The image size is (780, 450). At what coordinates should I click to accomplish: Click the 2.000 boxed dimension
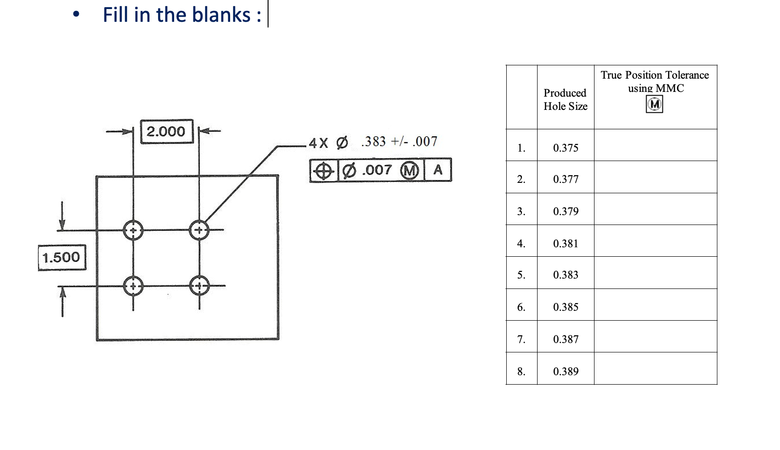tap(167, 131)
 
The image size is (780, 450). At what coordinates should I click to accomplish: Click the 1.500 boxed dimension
tap(62, 257)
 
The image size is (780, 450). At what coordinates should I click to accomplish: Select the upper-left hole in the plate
tap(133, 231)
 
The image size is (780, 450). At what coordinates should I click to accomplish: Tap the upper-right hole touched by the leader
tap(199, 230)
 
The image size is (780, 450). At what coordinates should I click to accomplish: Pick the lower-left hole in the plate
tap(133, 286)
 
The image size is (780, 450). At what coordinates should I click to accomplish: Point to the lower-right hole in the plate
tap(199, 286)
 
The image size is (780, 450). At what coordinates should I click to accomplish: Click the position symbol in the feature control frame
tap(324, 171)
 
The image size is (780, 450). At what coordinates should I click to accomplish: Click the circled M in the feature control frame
tap(409, 171)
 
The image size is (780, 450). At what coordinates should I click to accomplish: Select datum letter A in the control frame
tap(438, 170)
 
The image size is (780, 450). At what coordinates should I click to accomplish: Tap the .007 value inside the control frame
tap(377, 170)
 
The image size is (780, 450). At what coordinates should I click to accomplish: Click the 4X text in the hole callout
tap(318, 143)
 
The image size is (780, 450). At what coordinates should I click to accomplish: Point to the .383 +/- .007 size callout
tap(399, 141)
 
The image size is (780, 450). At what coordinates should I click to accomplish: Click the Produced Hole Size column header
tap(565, 99)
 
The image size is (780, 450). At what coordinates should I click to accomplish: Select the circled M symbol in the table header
tap(655, 104)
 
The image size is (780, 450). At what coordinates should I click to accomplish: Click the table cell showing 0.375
tap(566, 148)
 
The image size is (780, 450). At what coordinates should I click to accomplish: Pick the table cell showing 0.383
tap(566, 275)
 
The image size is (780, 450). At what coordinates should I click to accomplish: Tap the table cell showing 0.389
tap(566, 371)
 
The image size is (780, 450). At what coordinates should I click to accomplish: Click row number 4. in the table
tap(521, 243)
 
